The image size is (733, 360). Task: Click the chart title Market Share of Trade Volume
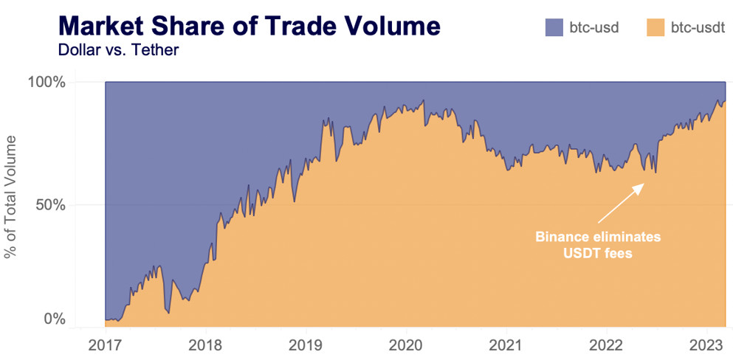coord(249,26)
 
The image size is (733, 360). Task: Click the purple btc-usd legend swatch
coord(554,28)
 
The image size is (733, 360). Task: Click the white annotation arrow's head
coord(640,187)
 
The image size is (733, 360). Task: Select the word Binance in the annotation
coord(560,238)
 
